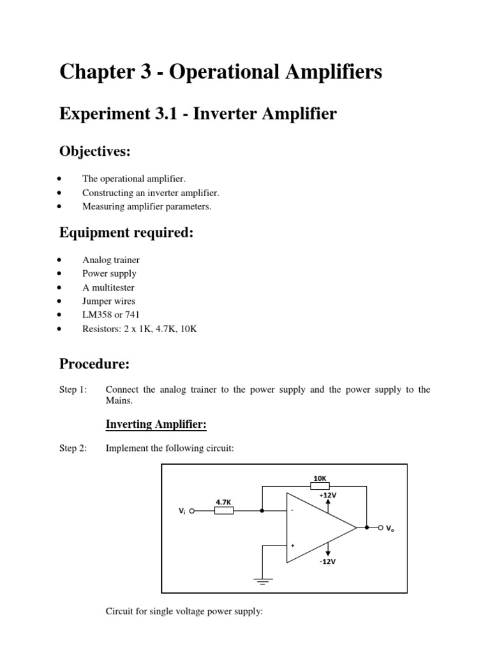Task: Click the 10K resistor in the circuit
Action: point(320,486)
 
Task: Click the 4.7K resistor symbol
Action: point(223,511)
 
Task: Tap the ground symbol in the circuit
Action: point(263,581)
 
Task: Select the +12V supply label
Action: point(328,494)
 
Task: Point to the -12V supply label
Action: point(328,562)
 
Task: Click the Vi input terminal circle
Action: point(192,511)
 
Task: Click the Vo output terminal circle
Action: point(381,528)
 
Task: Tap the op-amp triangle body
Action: point(316,528)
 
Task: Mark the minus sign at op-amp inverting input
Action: point(293,511)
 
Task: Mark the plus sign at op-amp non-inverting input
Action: point(293,546)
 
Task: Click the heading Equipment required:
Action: point(126,233)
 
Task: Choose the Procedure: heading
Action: point(94,364)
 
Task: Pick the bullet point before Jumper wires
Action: point(59,301)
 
